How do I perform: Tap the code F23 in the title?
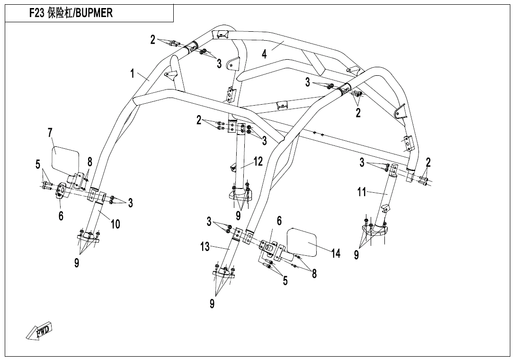point(36,13)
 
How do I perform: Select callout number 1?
point(132,73)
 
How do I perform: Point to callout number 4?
point(264,54)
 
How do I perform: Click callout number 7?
point(50,133)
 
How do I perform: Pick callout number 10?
point(115,225)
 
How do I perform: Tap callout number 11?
point(362,192)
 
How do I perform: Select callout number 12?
point(258,162)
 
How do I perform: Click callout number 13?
point(205,246)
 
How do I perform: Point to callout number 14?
point(336,253)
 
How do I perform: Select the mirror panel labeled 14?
point(302,242)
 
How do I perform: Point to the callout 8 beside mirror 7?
point(89,162)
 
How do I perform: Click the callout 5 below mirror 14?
point(285,280)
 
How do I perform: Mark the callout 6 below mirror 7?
point(61,216)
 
